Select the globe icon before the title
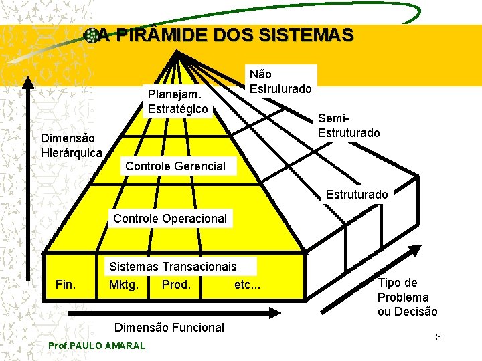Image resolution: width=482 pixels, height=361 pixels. [x=90, y=35]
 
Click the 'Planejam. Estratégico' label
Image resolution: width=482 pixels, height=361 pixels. [x=177, y=101]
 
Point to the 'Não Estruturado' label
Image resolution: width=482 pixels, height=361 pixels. [x=280, y=81]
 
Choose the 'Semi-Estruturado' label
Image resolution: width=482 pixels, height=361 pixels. [x=349, y=126]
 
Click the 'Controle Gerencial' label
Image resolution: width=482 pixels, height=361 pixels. [x=175, y=166]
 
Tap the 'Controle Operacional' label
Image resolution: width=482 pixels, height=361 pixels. [x=170, y=218]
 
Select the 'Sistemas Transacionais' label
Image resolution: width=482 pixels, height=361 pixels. [x=173, y=267]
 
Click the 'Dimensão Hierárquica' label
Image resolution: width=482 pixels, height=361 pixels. [x=71, y=146]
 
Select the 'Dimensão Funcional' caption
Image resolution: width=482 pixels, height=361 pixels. [x=169, y=327]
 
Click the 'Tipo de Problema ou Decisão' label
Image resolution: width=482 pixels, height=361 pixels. [x=407, y=297]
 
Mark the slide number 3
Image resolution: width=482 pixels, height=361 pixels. [x=438, y=337]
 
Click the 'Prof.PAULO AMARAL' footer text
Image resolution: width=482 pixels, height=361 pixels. [x=97, y=346]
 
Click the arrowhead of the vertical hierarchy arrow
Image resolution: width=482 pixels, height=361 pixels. [x=29, y=82]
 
